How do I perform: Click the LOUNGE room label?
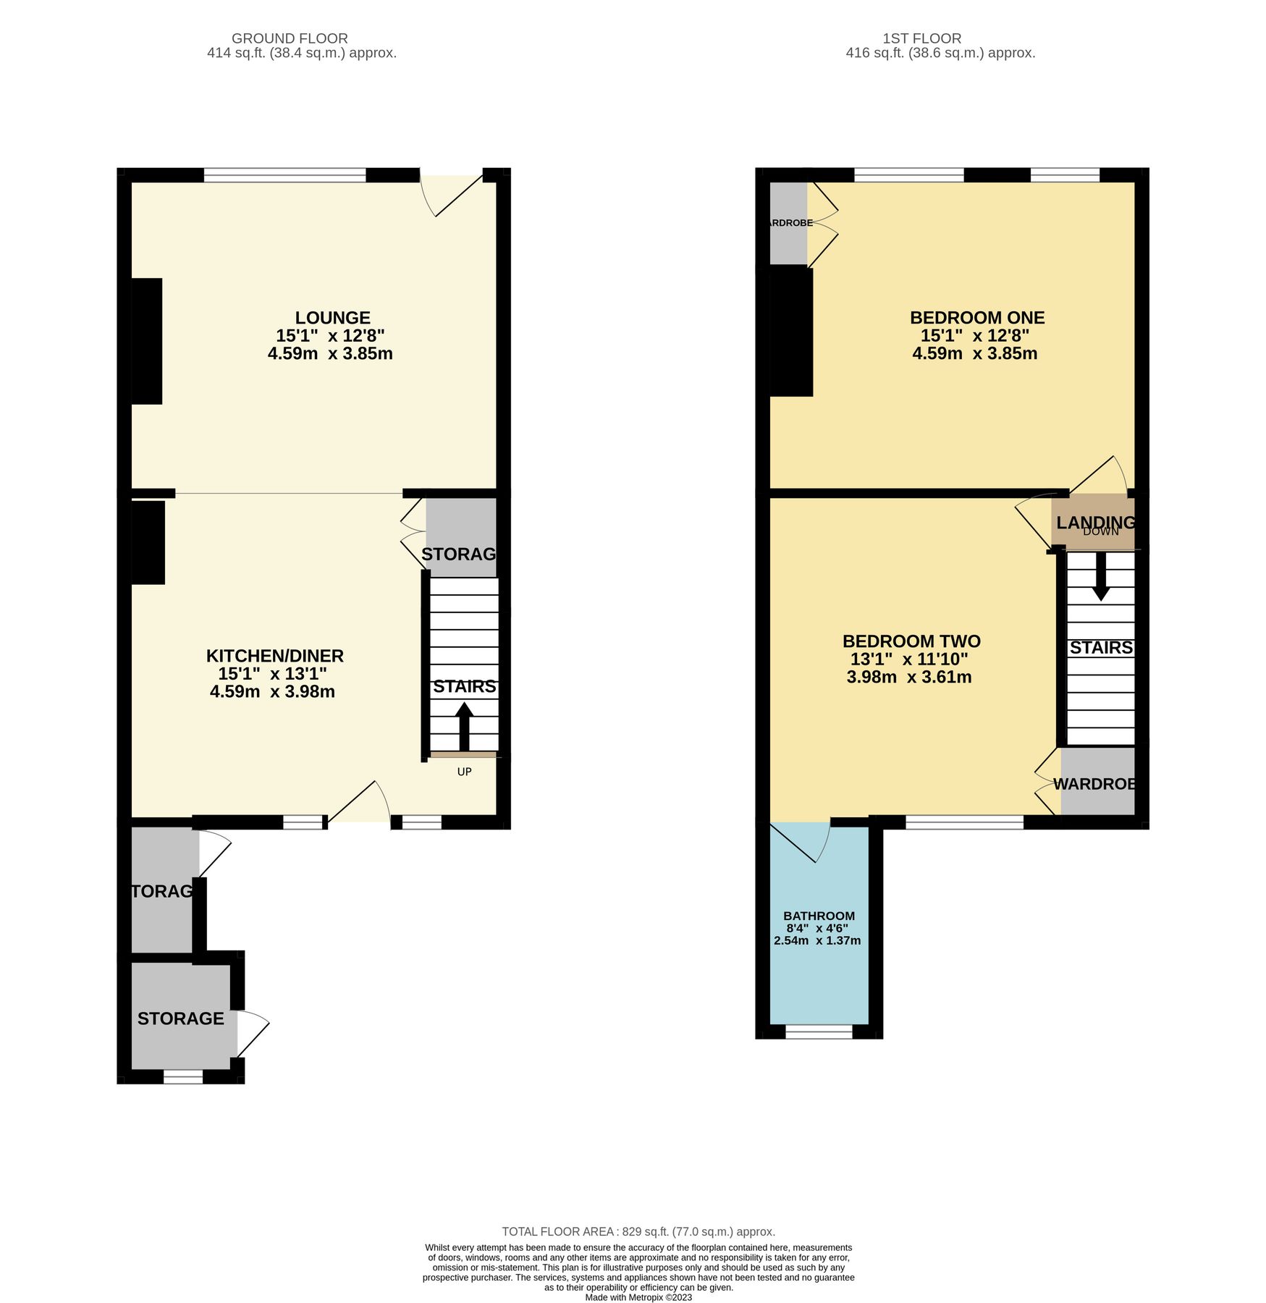pyautogui.click(x=332, y=318)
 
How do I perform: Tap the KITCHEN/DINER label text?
pyautogui.click(x=274, y=656)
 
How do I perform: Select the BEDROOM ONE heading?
pyautogui.click(x=976, y=318)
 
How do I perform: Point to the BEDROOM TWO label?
pyautogui.click(x=911, y=641)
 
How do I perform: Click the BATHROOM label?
pyautogui.click(x=819, y=916)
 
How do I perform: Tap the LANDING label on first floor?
pyautogui.click(x=1094, y=522)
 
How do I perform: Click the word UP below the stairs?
pyautogui.click(x=464, y=772)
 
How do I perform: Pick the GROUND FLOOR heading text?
pyautogui.click(x=290, y=38)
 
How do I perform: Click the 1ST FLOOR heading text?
pyautogui.click(x=921, y=38)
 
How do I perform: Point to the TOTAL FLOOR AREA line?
pyautogui.click(x=638, y=1231)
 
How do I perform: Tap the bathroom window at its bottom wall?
pyautogui.click(x=819, y=1032)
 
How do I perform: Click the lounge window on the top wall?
pyautogui.click(x=284, y=174)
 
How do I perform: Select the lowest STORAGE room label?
pyautogui.click(x=180, y=1019)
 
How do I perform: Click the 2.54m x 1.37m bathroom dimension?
pyautogui.click(x=817, y=941)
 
